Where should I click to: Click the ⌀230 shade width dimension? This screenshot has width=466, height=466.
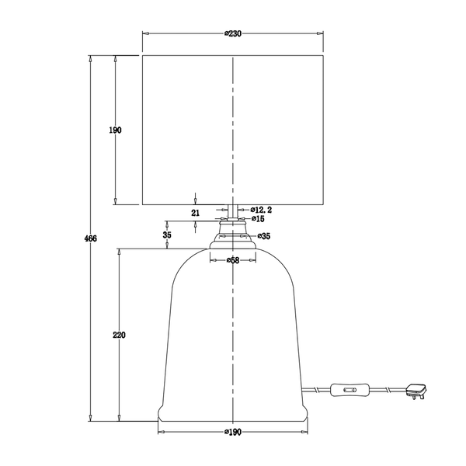(x=233, y=33)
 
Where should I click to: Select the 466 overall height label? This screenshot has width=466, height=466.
(x=91, y=238)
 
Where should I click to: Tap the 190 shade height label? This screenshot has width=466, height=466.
(x=115, y=130)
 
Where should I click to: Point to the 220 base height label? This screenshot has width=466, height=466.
(x=119, y=335)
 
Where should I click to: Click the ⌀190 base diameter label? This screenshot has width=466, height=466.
(x=233, y=432)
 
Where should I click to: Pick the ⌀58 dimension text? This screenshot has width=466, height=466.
(x=233, y=261)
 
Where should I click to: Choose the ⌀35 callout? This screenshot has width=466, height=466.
(x=264, y=236)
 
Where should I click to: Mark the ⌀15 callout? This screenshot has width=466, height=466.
(x=258, y=219)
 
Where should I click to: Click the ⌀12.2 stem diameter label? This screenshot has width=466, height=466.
(x=261, y=210)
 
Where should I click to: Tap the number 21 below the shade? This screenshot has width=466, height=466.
(x=195, y=213)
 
